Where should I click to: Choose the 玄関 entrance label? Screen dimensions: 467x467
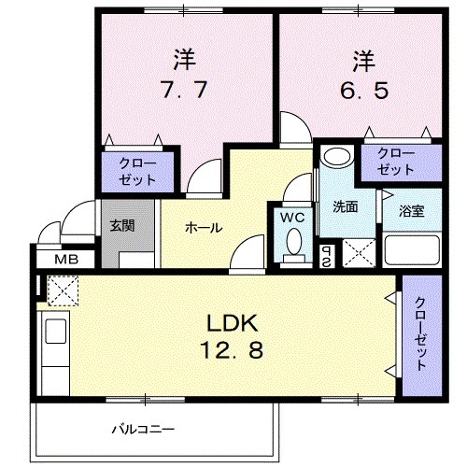tap(120, 225)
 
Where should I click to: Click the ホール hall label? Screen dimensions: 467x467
tap(203, 227)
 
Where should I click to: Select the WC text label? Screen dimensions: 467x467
tap(292, 218)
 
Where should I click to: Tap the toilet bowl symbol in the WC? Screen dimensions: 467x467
tap(294, 244)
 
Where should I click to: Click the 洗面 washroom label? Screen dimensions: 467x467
tap(346, 206)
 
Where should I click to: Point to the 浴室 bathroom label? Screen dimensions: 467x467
tap(412, 210)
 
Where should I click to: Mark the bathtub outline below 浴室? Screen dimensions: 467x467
tap(412, 250)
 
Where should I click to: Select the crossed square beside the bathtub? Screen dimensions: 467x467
tap(359, 251)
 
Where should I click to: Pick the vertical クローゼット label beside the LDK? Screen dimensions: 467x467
tap(420, 333)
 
